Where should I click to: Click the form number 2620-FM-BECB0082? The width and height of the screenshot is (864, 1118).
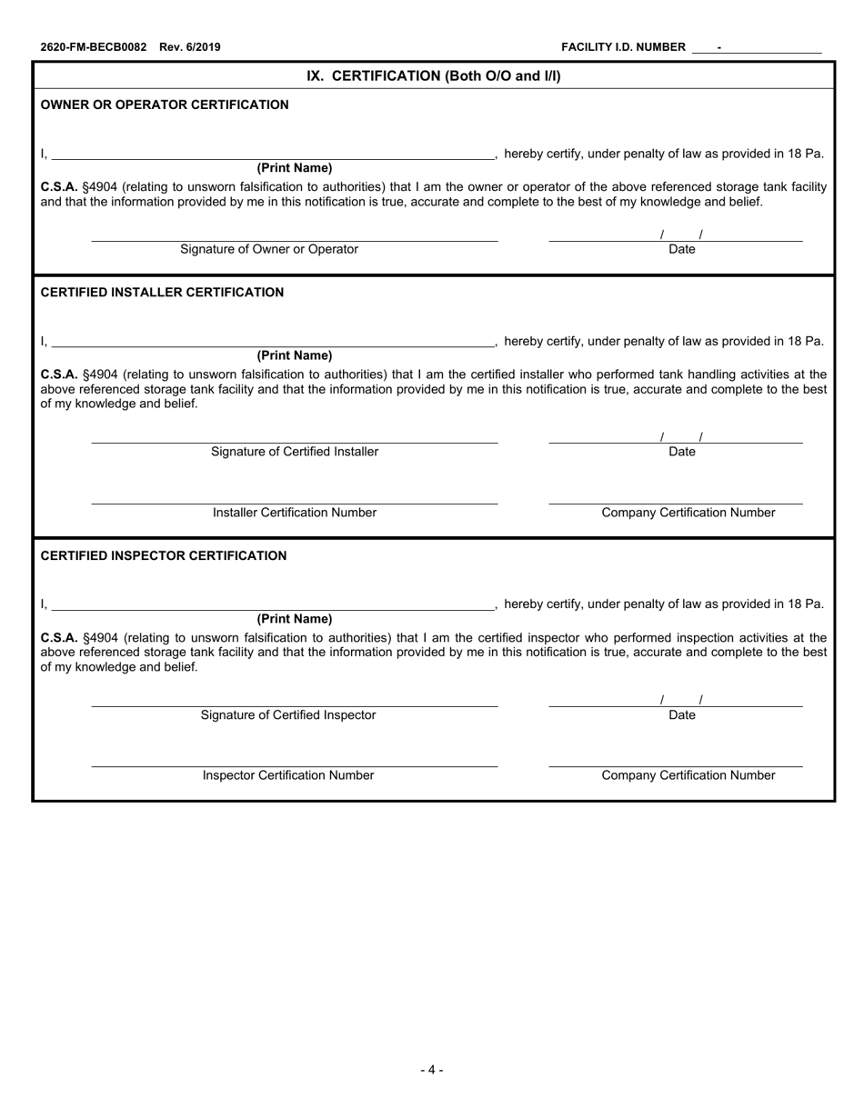point(93,47)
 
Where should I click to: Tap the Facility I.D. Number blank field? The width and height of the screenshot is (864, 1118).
point(757,47)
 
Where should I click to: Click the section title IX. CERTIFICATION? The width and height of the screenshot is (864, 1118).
point(433,75)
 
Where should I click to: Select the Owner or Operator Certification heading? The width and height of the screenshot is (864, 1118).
point(165,105)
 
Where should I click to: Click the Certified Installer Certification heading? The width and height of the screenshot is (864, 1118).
point(162,292)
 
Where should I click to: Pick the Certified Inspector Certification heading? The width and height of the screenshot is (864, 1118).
point(164,555)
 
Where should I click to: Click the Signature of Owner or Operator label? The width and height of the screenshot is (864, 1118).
point(269,249)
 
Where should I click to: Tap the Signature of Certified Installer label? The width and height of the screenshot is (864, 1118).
point(295,452)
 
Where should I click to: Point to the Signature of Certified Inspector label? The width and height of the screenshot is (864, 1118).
point(288,715)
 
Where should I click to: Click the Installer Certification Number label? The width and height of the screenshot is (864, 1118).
point(295,513)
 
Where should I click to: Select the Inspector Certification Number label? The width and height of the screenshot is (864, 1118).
point(288,775)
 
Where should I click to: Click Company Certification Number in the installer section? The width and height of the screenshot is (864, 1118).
point(688,513)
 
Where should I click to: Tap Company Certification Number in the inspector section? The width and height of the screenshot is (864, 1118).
point(688,775)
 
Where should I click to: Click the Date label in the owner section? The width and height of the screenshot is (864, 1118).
point(681,249)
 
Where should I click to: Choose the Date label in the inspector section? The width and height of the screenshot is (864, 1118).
point(681,715)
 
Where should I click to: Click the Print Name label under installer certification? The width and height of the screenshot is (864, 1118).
point(295,355)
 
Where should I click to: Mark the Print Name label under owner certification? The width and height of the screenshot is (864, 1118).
point(295,168)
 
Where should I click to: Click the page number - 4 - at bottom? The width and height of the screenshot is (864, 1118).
point(432,1070)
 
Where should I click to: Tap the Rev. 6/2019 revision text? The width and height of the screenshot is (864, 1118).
point(189,47)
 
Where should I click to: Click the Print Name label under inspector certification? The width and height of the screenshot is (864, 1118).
point(295,619)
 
